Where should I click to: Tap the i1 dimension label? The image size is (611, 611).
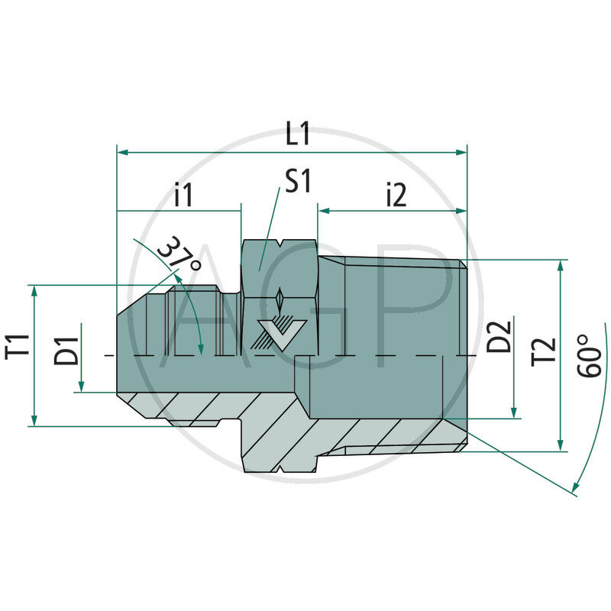pos(183,196)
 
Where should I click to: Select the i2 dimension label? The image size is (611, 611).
pos(395,196)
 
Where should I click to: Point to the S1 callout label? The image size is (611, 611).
pos(297,181)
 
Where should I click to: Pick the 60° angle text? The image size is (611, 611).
pos(588,356)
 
